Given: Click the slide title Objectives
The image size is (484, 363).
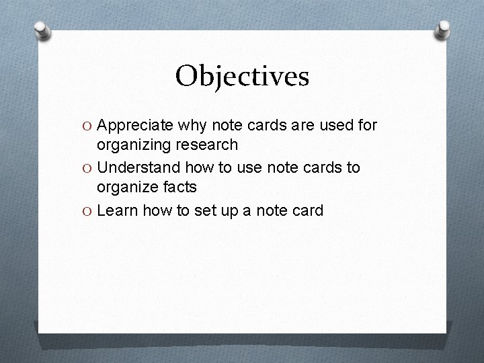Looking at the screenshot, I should coord(242,76).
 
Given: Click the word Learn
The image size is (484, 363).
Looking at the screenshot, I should coord(117,210).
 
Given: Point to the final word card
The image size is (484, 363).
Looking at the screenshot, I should coord(307,210).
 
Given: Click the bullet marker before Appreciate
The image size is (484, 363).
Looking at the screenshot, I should coord(87,126).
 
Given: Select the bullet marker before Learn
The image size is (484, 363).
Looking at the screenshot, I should coord(87,210).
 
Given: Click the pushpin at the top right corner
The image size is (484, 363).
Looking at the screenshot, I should coord(444,28).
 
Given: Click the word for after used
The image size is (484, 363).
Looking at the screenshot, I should coord(368,125).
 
